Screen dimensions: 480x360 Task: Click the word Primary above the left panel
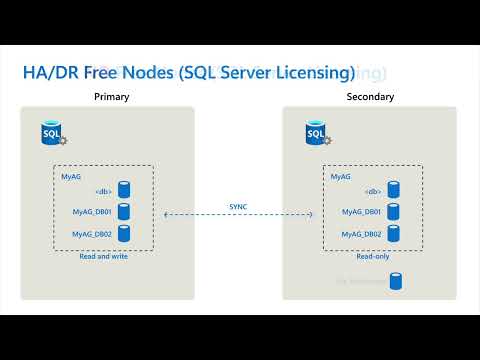click(112, 97)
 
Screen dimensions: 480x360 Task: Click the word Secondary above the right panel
click(370, 97)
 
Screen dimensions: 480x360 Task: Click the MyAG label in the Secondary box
click(341, 176)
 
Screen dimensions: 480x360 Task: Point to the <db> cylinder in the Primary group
click(125, 189)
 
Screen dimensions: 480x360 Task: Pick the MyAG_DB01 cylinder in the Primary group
click(125, 211)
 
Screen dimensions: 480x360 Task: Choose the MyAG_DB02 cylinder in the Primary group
click(125, 233)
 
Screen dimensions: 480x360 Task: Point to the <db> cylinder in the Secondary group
click(394, 189)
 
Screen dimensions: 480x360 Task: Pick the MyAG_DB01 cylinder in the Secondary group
click(394, 211)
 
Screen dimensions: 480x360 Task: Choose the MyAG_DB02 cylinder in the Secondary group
click(394, 233)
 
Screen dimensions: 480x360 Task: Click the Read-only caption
click(373, 256)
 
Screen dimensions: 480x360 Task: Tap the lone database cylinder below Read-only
click(396, 281)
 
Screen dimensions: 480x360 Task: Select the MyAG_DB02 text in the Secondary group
click(360, 234)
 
